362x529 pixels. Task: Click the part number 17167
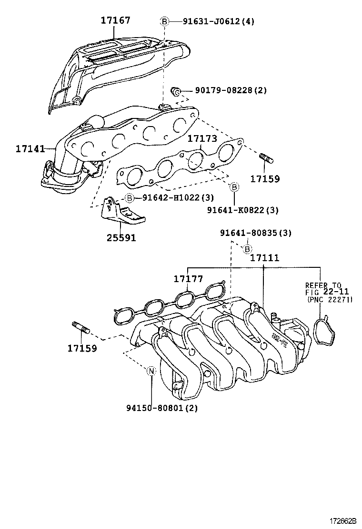(115, 20)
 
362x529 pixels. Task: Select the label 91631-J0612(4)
(212, 21)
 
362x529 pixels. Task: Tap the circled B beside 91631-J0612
(163, 21)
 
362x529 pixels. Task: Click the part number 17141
(30, 149)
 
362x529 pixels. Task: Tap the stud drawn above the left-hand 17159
(81, 328)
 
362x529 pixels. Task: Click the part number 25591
(121, 237)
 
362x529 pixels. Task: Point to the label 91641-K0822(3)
(243, 209)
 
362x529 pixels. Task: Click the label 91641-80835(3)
(256, 233)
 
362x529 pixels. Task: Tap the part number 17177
(188, 279)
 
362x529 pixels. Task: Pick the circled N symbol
(151, 371)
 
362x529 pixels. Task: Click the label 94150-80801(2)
(162, 408)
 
